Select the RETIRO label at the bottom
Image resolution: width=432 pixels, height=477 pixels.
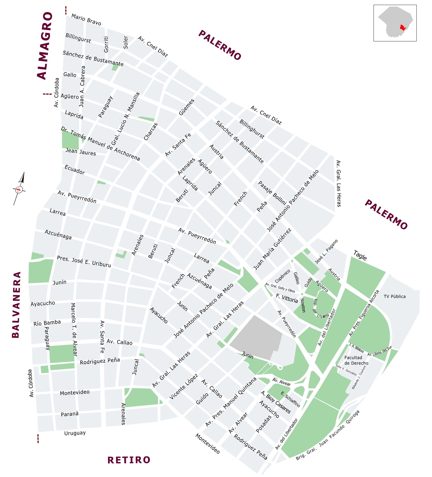pos(129,460)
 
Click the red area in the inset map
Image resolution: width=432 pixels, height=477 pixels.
pos(402,28)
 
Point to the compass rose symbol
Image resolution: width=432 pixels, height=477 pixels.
pos(19,189)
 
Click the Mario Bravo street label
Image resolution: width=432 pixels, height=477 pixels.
pos(86,20)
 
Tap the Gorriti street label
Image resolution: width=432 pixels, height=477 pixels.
pos(106,44)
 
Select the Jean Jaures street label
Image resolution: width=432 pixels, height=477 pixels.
pos(81,152)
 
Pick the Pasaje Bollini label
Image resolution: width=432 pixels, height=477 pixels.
pos(272,193)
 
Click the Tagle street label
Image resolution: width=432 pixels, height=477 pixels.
pos(360,255)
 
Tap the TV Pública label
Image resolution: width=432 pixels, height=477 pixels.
pos(394,296)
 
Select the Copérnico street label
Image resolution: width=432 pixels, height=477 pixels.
pos(282,276)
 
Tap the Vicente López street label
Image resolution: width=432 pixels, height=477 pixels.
pos(183,386)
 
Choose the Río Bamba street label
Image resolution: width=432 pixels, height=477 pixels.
pos(47,323)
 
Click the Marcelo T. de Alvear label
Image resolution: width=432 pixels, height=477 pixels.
pos(74,329)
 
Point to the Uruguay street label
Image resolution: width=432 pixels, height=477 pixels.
pos(75,433)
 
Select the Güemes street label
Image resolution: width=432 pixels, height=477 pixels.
pos(186,107)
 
